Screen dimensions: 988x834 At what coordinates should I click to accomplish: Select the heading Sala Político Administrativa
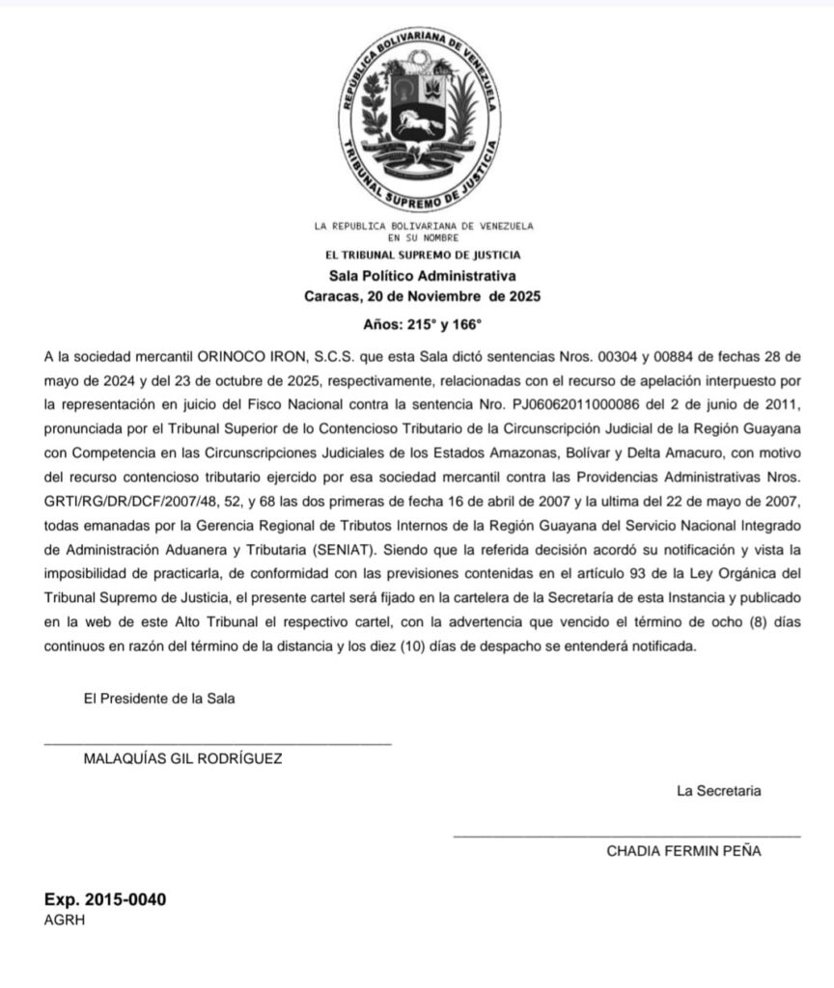click(x=424, y=276)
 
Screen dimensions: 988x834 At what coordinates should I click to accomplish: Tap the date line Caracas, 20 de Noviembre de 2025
click(x=423, y=295)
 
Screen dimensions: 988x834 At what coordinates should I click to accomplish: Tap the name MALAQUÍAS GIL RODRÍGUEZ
click(x=183, y=758)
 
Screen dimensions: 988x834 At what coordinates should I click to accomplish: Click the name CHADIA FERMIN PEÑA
click(x=683, y=851)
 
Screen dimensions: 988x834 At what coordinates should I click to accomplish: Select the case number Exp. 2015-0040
click(x=105, y=900)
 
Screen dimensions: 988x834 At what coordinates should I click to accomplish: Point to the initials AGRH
click(x=65, y=919)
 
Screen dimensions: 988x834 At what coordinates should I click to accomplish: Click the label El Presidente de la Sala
click(x=159, y=700)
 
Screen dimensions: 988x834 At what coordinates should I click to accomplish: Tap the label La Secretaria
click(x=718, y=792)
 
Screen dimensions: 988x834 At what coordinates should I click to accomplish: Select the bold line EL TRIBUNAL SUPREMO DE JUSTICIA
click(x=424, y=256)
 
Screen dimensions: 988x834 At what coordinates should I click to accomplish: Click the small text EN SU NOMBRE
click(x=424, y=237)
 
